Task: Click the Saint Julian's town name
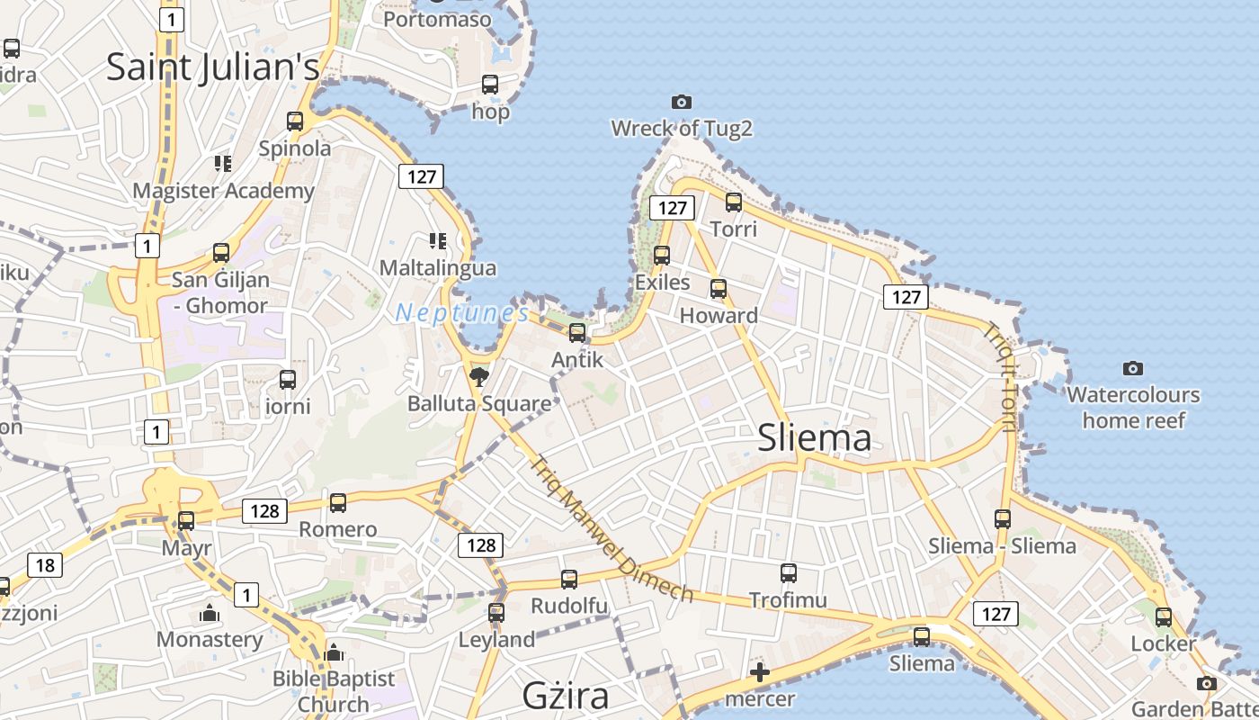[213, 67]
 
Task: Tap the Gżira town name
[566, 695]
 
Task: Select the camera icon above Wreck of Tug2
[682, 103]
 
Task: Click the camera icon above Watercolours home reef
[1133, 368]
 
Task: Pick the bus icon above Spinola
[295, 121]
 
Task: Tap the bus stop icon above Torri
[734, 202]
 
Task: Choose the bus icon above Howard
[719, 289]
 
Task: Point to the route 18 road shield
[45, 565]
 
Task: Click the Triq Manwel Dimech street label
[612, 530]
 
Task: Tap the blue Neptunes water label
[462, 313]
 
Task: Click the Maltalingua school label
[437, 268]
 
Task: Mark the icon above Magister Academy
[223, 164]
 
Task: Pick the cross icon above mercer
[760, 671]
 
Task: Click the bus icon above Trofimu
[789, 572]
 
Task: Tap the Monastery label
[210, 640]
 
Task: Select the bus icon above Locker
[1164, 617]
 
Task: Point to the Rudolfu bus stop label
[569, 606]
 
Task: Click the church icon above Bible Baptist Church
[334, 652]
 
